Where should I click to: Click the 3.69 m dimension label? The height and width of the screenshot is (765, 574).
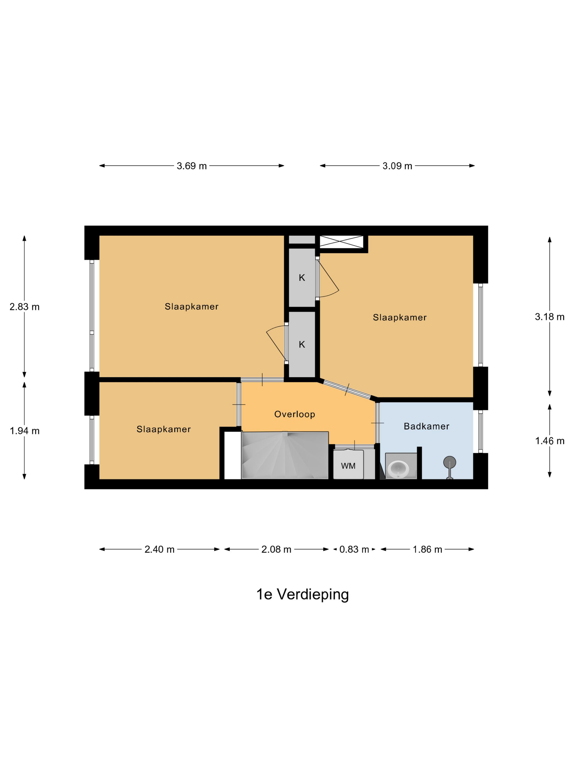(x=191, y=166)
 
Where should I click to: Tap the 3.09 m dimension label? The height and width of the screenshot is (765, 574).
(x=397, y=166)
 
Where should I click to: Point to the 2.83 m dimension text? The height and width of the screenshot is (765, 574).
(x=25, y=307)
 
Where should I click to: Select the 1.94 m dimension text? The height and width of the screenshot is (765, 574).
(x=25, y=431)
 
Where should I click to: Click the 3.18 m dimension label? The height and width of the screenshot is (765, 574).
(x=549, y=317)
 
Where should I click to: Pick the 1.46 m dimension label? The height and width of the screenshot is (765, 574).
(x=549, y=441)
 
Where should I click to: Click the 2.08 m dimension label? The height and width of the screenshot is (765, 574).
(x=276, y=549)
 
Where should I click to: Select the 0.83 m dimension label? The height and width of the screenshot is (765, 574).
(x=354, y=549)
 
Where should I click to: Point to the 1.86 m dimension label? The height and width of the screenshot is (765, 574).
(x=427, y=549)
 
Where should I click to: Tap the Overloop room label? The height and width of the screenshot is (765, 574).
(x=294, y=414)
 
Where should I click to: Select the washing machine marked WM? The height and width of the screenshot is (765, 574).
(x=348, y=465)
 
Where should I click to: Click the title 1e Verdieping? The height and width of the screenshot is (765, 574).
(x=302, y=594)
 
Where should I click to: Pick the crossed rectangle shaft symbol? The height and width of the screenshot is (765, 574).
(x=341, y=242)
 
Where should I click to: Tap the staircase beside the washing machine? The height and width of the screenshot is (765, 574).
(x=285, y=455)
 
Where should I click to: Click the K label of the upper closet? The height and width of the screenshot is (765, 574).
(x=302, y=278)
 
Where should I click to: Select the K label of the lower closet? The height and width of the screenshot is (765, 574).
(x=302, y=345)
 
